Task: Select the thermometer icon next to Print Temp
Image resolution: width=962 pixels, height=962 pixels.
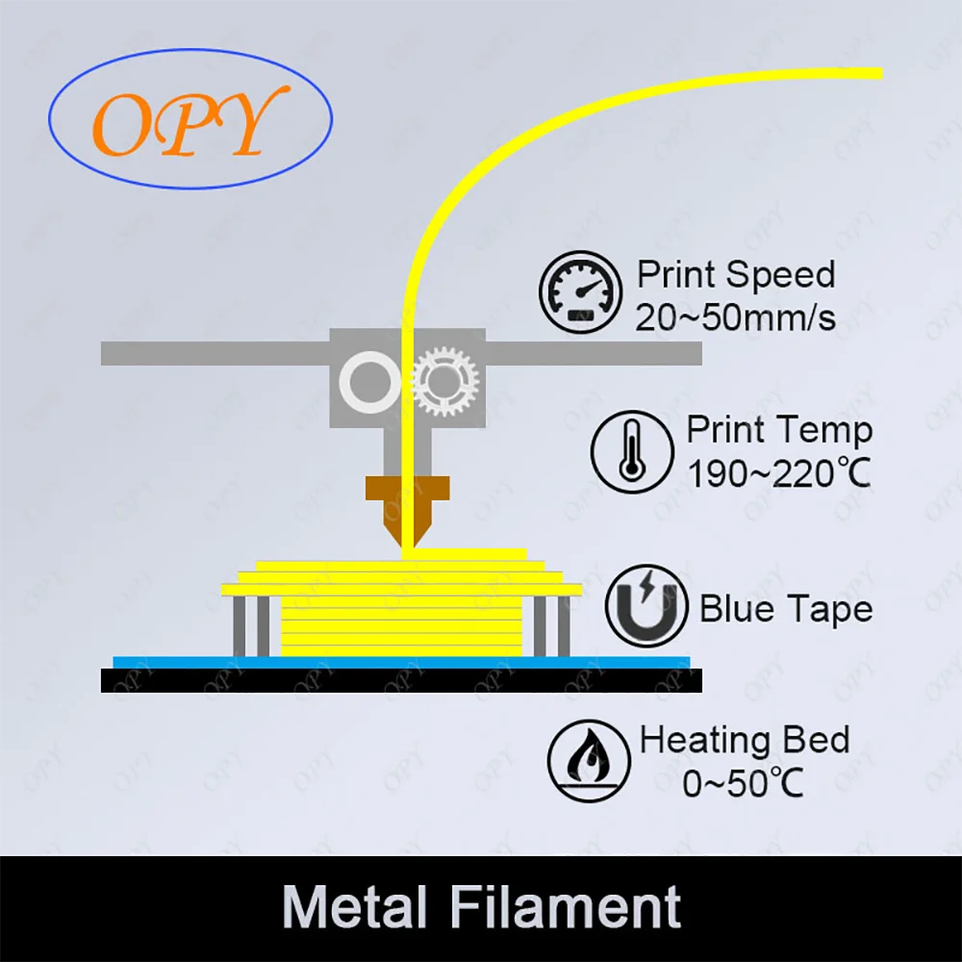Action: coord(632,451)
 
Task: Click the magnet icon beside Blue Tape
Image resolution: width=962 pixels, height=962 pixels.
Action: coord(646,608)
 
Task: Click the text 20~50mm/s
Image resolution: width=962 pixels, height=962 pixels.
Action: coord(735,316)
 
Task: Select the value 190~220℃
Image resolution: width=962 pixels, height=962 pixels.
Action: coord(779,473)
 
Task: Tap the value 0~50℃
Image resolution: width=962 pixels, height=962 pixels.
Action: coord(743,783)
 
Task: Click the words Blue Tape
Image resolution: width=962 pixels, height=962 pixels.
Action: coord(786,609)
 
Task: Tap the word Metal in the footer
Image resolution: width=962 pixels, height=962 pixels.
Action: coord(354,907)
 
